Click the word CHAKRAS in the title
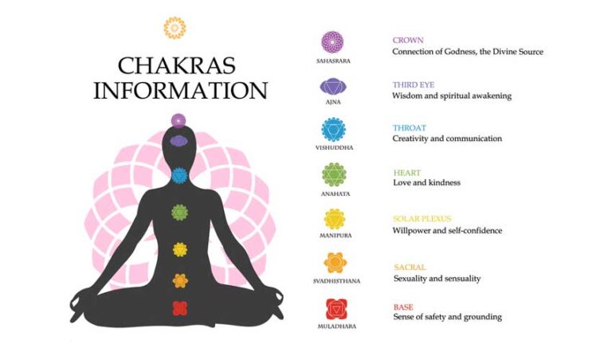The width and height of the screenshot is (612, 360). point(176,65)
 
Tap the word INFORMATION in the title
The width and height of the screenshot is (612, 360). point(180,90)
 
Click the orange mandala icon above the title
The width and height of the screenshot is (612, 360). point(175,28)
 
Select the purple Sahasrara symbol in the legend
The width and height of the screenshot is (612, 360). point(332,42)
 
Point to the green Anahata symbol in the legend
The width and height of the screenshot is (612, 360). point(334,174)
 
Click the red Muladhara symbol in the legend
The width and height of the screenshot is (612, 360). point(336,309)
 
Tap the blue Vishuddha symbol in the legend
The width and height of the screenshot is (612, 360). point(333,130)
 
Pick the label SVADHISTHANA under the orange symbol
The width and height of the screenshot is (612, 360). point(336,281)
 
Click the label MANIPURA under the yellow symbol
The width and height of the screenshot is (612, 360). point(335,236)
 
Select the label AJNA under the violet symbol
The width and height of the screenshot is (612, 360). point(333,102)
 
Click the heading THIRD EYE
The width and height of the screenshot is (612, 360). point(414,84)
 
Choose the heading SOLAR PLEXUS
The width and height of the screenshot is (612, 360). point(422,219)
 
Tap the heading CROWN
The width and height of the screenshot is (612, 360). point(408,40)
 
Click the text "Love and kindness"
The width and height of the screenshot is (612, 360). point(426,182)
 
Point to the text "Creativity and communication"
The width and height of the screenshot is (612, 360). point(447,139)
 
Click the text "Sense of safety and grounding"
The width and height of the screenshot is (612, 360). point(447,317)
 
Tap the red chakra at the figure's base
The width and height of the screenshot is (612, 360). point(180,308)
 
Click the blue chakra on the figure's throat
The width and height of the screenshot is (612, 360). point(179,175)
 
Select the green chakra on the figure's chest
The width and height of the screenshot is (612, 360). point(179,212)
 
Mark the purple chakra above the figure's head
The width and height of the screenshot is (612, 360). point(178,120)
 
